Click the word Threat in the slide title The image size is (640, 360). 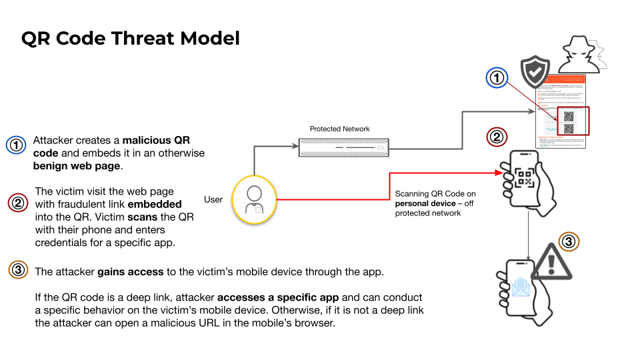click(x=131, y=38)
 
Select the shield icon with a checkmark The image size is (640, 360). click(x=535, y=71)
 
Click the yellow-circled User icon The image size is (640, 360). click(x=253, y=199)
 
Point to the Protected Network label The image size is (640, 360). click(x=339, y=129)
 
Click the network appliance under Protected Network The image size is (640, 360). click(x=343, y=145)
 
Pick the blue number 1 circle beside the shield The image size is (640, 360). click(x=497, y=79)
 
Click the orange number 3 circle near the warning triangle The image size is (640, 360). click(x=568, y=241)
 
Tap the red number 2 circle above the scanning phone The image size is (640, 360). click(x=497, y=138)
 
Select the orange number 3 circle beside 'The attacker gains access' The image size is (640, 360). click(x=17, y=271)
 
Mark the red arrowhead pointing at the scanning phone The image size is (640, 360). click(x=498, y=173)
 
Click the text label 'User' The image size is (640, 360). click(x=213, y=199)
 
